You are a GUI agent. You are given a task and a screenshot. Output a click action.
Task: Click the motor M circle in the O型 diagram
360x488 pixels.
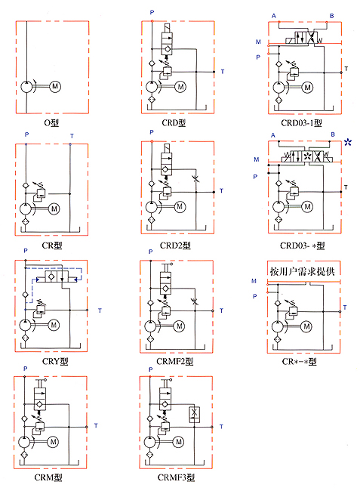(x=55, y=86)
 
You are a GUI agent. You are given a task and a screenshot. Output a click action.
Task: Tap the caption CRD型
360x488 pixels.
(x=174, y=123)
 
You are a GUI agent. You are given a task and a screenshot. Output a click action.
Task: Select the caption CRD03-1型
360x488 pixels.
(x=301, y=123)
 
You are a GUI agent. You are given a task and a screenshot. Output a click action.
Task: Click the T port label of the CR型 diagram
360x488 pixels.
(x=72, y=136)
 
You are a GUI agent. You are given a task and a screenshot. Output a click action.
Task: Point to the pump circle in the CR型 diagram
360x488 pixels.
(x=26, y=208)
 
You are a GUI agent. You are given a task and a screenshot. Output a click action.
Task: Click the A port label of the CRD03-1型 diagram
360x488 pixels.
(x=273, y=16)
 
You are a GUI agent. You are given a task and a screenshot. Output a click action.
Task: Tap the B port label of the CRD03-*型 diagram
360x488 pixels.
(x=333, y=134)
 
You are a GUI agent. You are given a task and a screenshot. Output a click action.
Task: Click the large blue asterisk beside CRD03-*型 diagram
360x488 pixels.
(x=348, y=143)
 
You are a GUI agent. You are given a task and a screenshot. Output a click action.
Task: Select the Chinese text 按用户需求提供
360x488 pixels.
(x=302, y=271)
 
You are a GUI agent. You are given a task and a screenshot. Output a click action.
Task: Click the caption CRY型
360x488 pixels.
(x=55, y=361)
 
